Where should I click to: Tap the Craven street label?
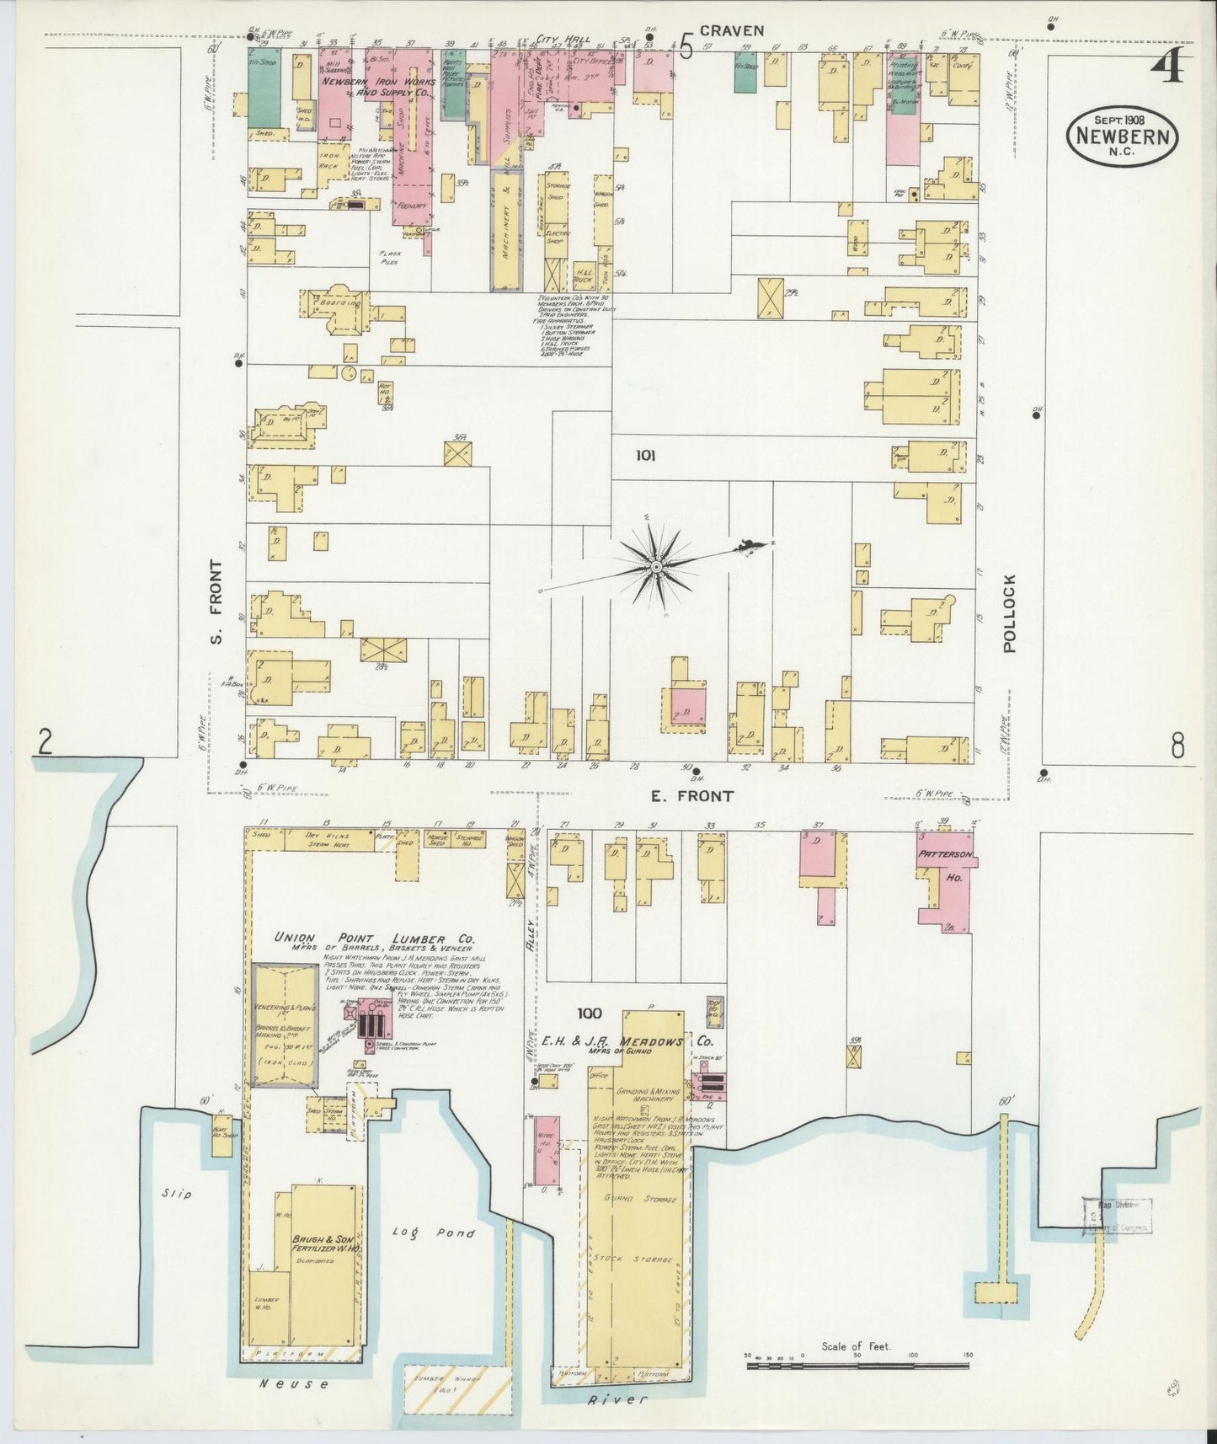point(735,30)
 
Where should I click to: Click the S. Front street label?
point(216,602)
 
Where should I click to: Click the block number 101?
point(645,456)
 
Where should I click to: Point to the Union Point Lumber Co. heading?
point(375,938)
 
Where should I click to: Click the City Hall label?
point(563,40)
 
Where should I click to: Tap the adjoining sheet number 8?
point(1177,745)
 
